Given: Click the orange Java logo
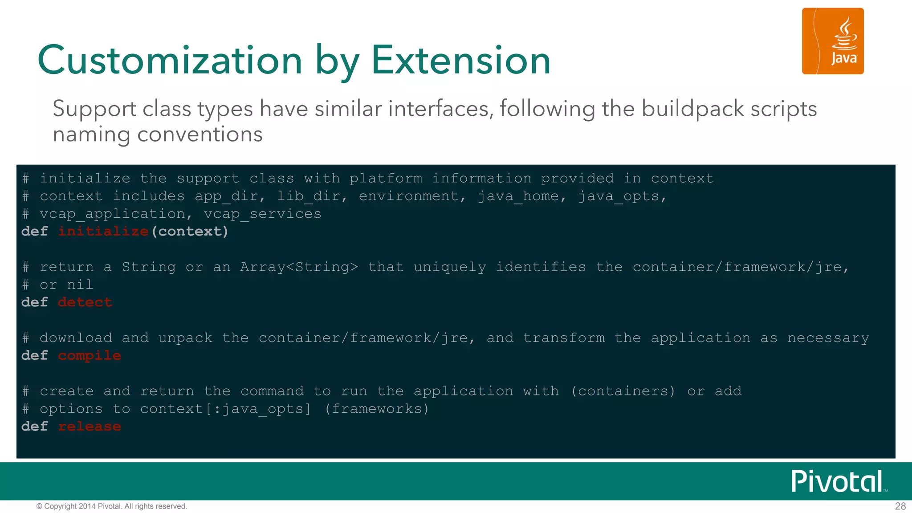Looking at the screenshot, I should [x=832, y=41].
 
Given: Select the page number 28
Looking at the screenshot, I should [x=900, y=506].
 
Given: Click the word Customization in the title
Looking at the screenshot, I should [x=170, y=60].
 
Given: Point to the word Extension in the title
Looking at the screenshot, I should [x=461, y=60].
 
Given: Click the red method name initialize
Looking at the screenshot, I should [x=103, y=232].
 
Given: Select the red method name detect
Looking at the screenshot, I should [x=85, y=302].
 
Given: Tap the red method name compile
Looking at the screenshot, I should [x=89, y=356].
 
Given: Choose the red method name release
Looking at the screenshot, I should [x=89, y=427].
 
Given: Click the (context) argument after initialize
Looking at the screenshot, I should [x=190, y=232].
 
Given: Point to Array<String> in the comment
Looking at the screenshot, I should [x=299, y=267].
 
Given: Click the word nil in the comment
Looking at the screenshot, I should [x=80, y=285].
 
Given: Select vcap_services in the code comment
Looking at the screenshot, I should [x=262, y=214].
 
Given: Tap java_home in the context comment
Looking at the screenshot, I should [x=518, y=196].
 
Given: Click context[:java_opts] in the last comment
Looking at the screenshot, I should [x=225, y=409].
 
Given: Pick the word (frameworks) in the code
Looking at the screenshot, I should [x=377, y=409].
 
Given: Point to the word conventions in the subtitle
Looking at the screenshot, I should [x=200, y=134].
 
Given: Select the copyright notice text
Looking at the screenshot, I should [x=112, y=506].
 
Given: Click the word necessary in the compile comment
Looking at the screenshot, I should [x=828, y=338].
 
